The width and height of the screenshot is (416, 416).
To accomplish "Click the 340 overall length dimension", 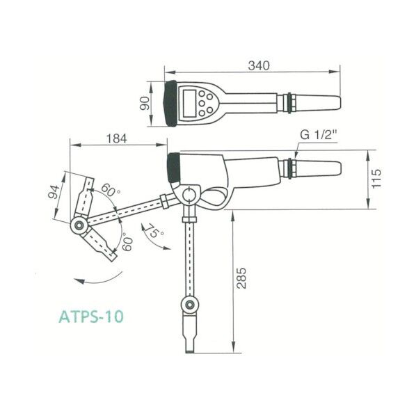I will (258, 65).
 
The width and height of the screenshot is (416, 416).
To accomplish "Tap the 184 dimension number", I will (117, 138).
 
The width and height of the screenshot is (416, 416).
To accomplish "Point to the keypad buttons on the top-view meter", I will (205, 104).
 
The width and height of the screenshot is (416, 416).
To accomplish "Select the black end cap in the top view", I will (169, 104).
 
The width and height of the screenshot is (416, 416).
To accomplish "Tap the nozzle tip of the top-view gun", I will (337, 103).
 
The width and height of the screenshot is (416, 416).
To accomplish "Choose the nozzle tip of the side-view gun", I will (337, 169).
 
